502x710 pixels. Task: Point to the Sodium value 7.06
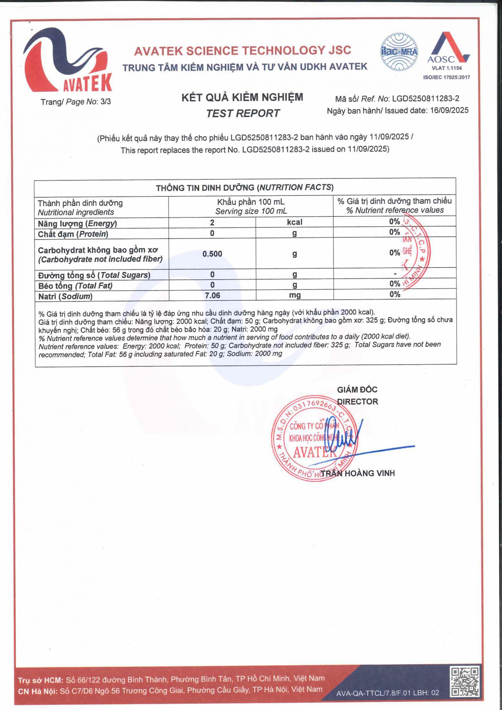point(212,295)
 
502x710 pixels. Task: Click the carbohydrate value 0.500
point(212,254)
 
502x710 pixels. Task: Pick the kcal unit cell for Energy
point(294,222)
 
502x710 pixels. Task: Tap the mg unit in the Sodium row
point(295,295)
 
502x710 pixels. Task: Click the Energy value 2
point(212,222)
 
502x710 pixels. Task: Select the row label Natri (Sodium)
point(65,296)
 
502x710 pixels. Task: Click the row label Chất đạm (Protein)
point(73,234)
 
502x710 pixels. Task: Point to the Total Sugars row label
point(94,275)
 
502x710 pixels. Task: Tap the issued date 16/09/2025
point(449,110)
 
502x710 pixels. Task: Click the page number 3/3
point(105,102)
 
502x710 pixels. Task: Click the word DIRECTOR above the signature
point(357,402)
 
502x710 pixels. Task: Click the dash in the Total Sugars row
point(395,274)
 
